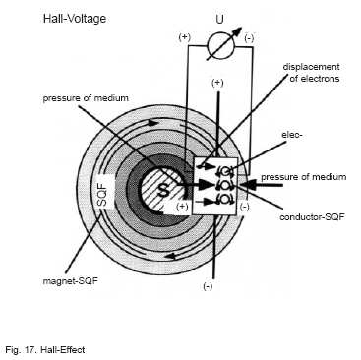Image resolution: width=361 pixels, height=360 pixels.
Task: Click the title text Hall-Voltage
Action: point(75,19)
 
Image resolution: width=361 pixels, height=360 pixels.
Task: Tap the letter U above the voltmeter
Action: point(219,19)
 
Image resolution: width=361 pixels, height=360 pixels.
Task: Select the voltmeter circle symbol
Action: point(220,47)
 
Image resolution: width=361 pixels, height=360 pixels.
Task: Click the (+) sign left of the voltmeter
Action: point(184,37)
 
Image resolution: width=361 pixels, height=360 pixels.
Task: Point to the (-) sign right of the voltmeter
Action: point(249,38)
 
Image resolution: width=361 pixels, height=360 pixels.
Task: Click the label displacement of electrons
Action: point(311,73)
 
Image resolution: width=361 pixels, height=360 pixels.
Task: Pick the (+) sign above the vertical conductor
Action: point(217,83)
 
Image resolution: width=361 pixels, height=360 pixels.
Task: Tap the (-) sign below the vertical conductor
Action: point(208,286)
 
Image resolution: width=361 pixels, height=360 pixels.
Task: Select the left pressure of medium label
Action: point(86,98)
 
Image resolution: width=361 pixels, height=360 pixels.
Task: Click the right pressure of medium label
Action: point(303,177)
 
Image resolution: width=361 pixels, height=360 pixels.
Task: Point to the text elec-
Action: point(292,134)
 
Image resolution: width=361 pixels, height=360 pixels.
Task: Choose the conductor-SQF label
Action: point(312,216)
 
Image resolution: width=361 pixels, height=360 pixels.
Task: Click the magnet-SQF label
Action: point(71,281)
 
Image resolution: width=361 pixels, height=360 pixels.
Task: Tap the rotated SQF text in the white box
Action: point(103,194)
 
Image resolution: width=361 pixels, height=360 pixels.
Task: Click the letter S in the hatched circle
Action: point(163,190)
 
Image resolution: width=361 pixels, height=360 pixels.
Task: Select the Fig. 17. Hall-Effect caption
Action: point(45,350)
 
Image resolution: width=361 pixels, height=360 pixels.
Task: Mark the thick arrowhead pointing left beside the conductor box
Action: point(249,185)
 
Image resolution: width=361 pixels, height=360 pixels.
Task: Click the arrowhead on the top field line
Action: point(152,123)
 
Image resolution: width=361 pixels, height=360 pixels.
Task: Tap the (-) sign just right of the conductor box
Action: point(245,208)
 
